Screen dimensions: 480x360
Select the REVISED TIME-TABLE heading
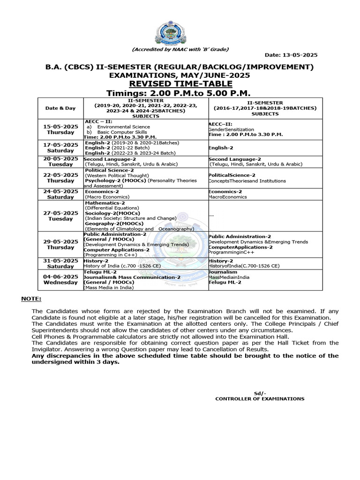[x=180, y=84]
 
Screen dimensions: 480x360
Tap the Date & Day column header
[x=60, y=108]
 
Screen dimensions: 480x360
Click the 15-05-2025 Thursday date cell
[x=60, y=130]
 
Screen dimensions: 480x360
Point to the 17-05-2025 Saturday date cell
[x=60, y=148]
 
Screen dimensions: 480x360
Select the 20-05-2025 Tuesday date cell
[x=60, y=162]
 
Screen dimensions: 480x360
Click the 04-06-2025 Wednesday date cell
[x=60, y=280]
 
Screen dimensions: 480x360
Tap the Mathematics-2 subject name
[x=105, y=203]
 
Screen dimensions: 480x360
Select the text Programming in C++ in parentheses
[x=106, y=255]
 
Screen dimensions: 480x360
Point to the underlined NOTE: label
[x=31, y=299]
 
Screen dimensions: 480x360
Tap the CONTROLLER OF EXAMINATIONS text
[x=259, y=399]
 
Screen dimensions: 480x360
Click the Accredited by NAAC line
[x=180, y=50]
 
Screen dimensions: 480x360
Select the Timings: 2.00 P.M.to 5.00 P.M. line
[x=180, y=93]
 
